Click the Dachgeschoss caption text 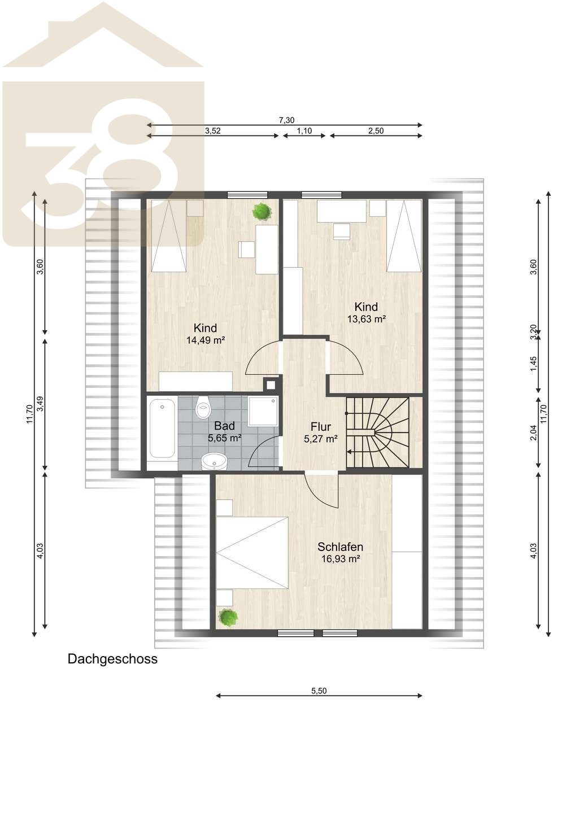pos(112,659)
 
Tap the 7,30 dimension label pos(286,120)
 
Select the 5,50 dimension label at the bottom pos(319,690)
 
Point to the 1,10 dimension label pos(304,130)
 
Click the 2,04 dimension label pos(533,432)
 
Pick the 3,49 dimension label pos(40,404)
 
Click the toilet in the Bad pos(203,408)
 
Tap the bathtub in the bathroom pos(162,429)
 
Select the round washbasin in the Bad pos(214,461)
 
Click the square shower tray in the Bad pos(263,411)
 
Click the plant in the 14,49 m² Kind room pos(262,211)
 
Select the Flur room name pos(320,426)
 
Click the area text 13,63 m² pos(366,319)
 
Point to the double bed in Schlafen pos(252,552)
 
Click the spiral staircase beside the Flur pos(378,432)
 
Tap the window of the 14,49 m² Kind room pos(247,195)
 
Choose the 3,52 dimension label pos(213,130)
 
